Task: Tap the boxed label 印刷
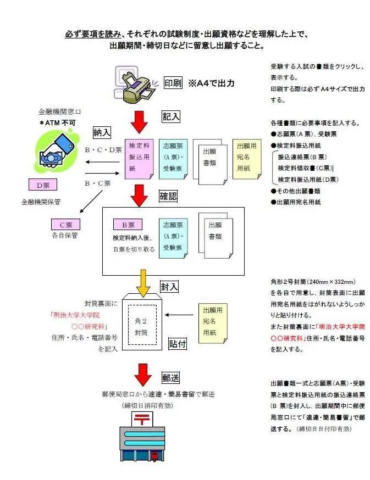(x=173, y=83)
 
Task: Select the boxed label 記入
(x=171, y=116)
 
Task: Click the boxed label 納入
(x=102, y=132)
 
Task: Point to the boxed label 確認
(x=168, y=196)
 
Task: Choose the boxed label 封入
(x=169, y=287)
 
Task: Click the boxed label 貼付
(x=178, y=344)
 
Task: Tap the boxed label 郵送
(x=171, y=378)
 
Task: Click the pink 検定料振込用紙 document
(x=139, y=159)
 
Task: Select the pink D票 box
(x=43, y=185)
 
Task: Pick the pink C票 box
(x=65, y=225)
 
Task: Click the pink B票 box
(x=128, y=225)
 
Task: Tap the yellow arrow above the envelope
(x=143, y=283)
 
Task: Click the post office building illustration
(x=142, y=437)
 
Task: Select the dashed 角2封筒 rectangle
(x=142, y=325)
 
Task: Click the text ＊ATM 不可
(x=58, y=123)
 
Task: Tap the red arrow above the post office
(x=143, y=375)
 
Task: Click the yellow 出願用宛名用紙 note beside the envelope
(x=213, y=323)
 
